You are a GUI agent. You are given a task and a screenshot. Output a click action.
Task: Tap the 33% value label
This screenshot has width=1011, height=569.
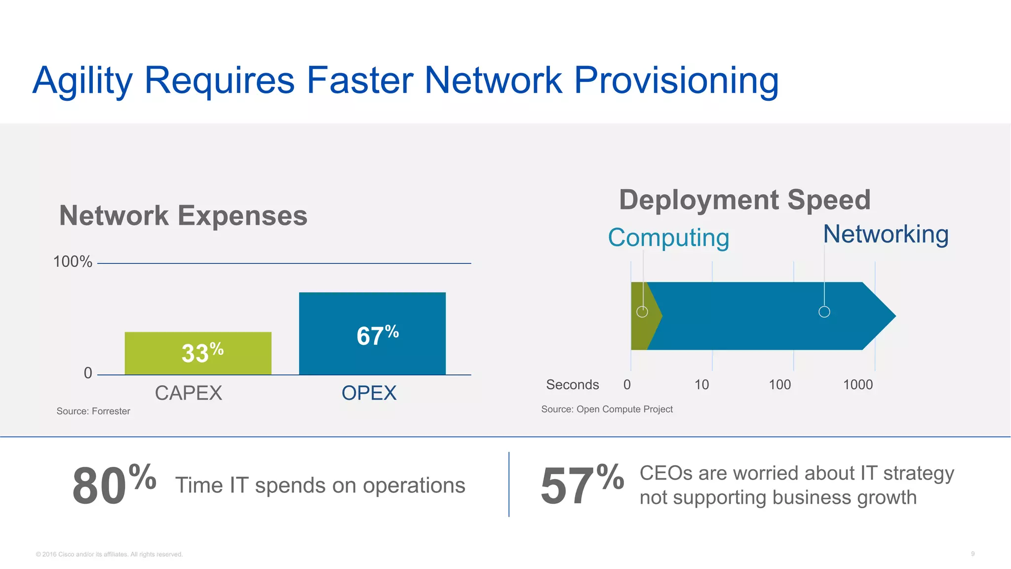tap(202, 353)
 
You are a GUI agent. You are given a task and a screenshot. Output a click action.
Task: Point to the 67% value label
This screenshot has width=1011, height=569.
tap(377, 335)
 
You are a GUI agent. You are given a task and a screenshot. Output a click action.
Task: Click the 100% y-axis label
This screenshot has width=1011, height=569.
tap(73, 262)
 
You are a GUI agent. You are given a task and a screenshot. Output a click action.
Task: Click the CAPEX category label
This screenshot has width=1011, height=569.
tap(188, 393)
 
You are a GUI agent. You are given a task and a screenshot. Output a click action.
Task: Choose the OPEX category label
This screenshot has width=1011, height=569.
tap(369, 393)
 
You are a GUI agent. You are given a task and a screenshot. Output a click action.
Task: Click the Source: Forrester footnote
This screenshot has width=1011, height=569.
tap(93, 411)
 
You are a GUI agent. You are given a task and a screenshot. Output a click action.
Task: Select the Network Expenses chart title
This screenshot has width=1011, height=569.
tap(183, 216)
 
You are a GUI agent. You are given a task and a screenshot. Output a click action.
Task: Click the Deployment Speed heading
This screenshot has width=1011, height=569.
tap(744, 200)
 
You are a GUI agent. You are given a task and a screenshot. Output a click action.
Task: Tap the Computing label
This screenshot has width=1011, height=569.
tap(668, 238)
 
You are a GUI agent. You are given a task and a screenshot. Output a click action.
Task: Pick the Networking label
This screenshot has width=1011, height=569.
tap(886, 234)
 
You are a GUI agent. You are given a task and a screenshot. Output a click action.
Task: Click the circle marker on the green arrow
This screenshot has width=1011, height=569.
tap(642, 312)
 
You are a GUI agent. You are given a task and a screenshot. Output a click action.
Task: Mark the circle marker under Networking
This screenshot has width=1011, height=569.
tap(824, 312)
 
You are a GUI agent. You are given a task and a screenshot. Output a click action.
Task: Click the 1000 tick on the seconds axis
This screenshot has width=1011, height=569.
tap(858, 385)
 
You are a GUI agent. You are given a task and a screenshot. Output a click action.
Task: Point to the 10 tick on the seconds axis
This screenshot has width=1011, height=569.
tap(701, 385)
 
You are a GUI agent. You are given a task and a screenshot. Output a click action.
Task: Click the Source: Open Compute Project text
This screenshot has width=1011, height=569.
tap(607, 409)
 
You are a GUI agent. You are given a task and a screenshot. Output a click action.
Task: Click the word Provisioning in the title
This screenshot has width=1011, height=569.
tap(676, 81)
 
